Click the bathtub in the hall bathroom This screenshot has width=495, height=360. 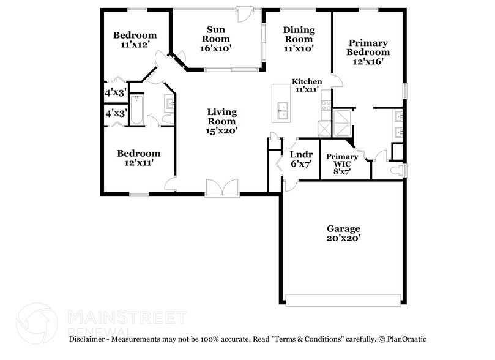click(136, 110)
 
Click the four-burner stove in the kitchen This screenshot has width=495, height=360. click(326, 105)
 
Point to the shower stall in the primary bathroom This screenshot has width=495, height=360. click(342, 123)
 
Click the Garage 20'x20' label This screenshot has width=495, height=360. click(343, 233)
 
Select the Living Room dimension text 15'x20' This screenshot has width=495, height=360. click(221, 130)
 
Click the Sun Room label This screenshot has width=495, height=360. click(216, 34)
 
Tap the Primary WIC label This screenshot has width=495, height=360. click(342, 160)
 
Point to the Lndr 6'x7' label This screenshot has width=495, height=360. click(302, 159)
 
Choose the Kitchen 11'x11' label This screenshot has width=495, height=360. click(307, 85)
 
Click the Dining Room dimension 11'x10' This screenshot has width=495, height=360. click(299, 48)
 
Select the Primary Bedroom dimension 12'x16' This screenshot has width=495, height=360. click(368, 61)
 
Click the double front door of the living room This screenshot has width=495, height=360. click(222, 188)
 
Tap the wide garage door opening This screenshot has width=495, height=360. click(343, 300)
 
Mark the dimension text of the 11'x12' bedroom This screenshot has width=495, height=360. click(135, 45)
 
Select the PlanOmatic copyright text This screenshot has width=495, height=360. click(403, 339)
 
